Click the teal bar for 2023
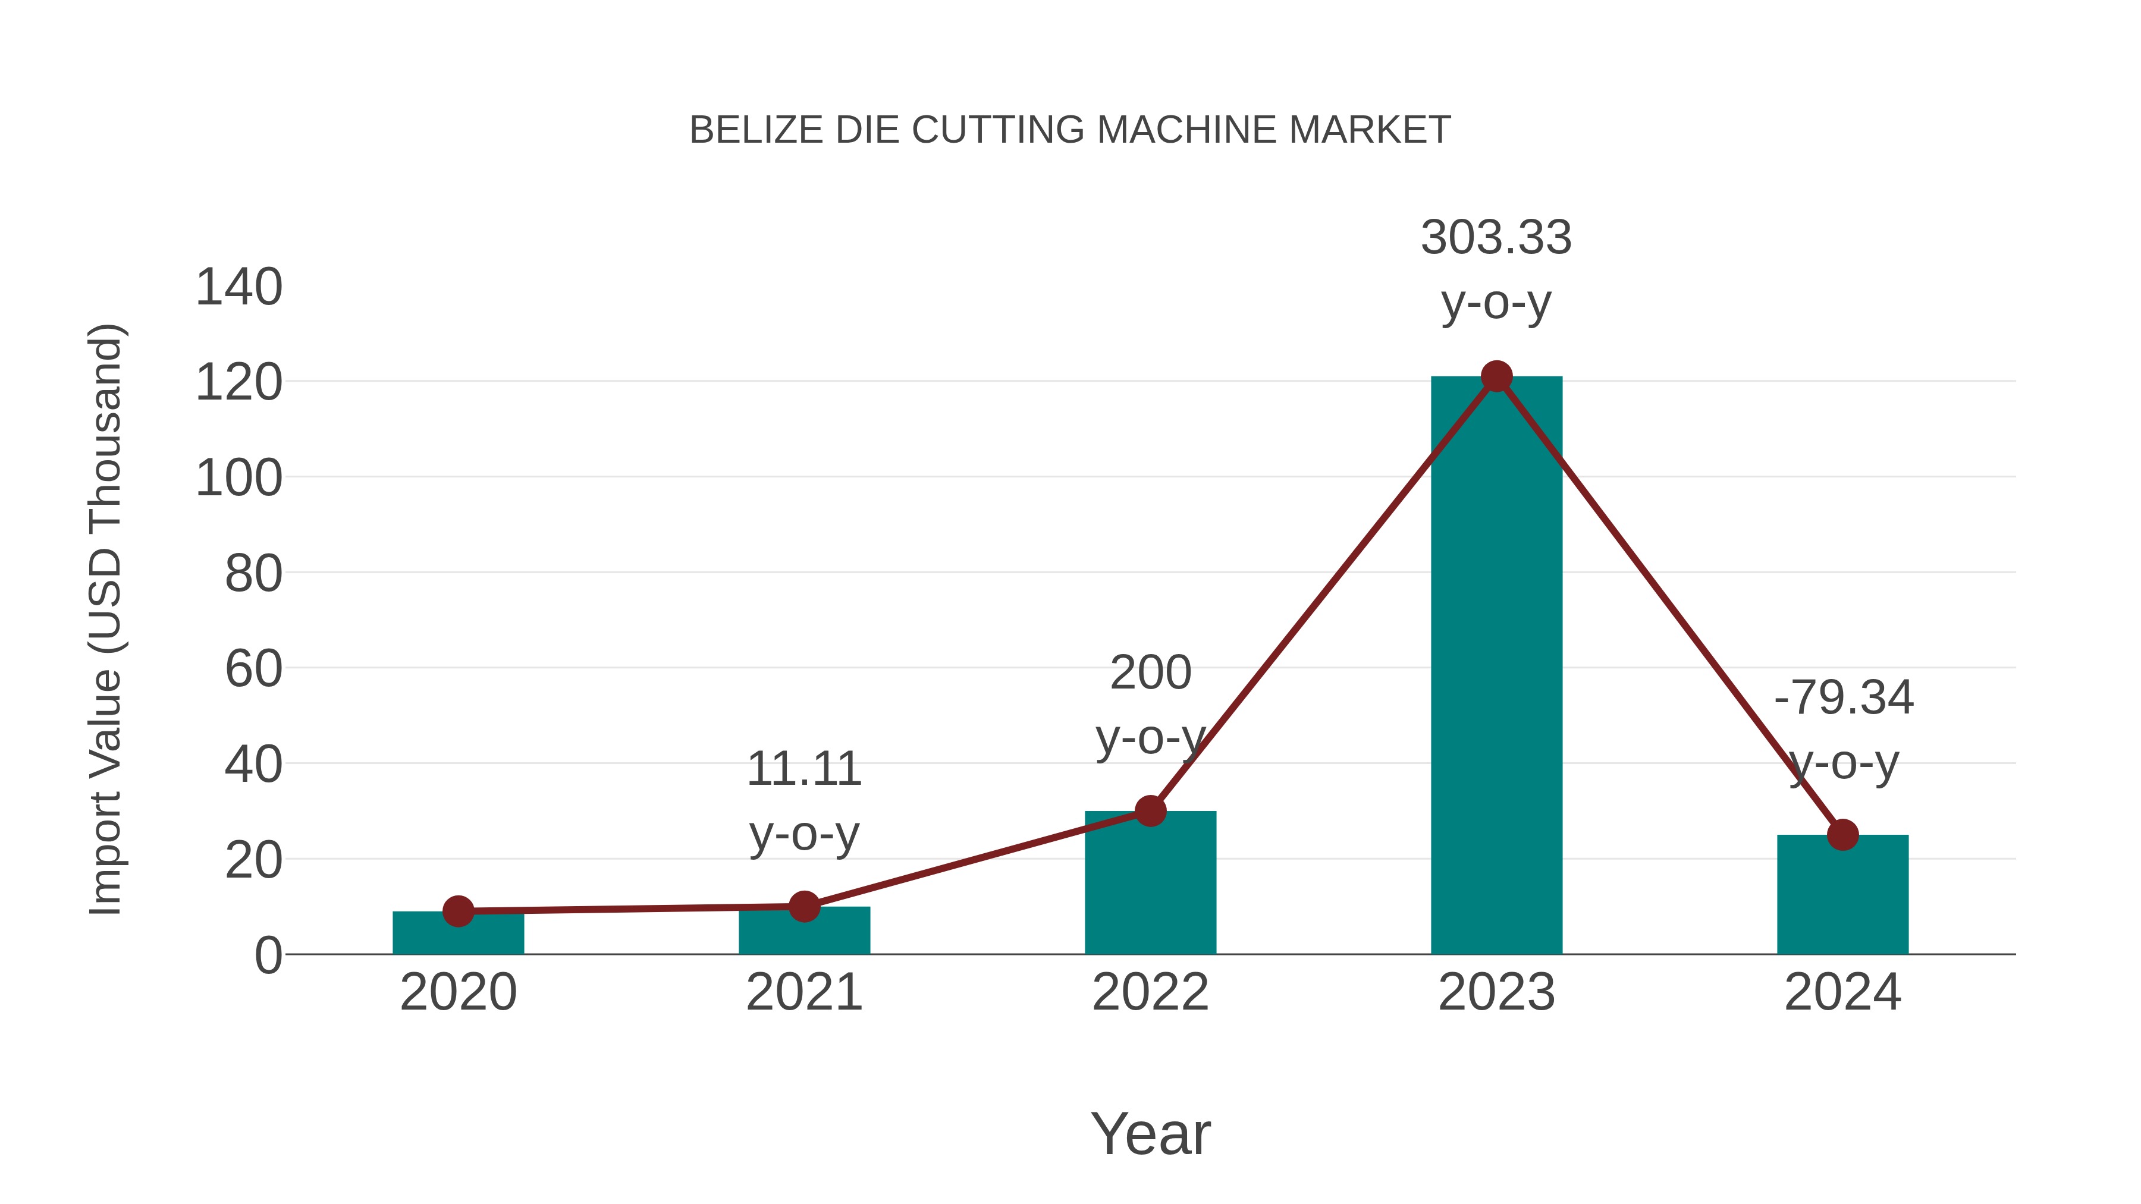coord(1496,665)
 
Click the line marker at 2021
coord(803,907)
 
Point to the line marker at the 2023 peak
coord(1496,376)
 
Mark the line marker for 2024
coord(1842,835)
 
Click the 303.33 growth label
coord(1496,238)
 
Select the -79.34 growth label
coord(1842,697)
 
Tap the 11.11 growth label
coord(803,769)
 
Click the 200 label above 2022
coord(1150,672)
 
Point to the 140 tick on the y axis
coord(238,288)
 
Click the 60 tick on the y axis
coord(253,669)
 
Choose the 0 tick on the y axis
coord(268,955)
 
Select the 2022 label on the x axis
coord(1150,992)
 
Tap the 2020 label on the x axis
coord(458,992)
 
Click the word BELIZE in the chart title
coord(756,130)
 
